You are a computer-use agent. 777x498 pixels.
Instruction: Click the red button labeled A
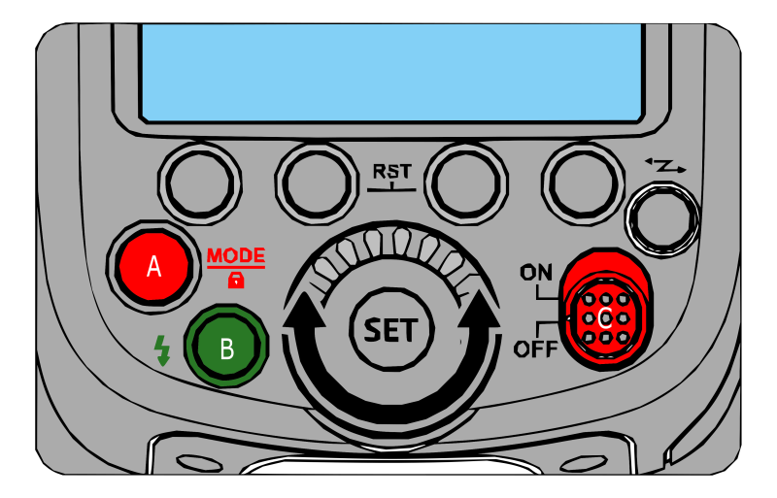pos(152,265)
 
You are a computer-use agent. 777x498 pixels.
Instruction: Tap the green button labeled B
pos(226,347)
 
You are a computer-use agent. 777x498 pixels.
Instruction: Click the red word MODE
pos(235,256)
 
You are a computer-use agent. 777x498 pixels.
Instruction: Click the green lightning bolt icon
pos(162,349)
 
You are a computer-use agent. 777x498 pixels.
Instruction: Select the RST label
pos(392,173)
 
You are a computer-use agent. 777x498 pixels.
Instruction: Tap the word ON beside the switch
pos(535,273)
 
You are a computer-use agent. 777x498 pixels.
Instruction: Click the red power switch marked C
pos(605,308)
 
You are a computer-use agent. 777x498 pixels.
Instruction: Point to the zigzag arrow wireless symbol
pos(665,167)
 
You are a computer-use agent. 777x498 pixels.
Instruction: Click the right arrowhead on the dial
pos(479,315)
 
